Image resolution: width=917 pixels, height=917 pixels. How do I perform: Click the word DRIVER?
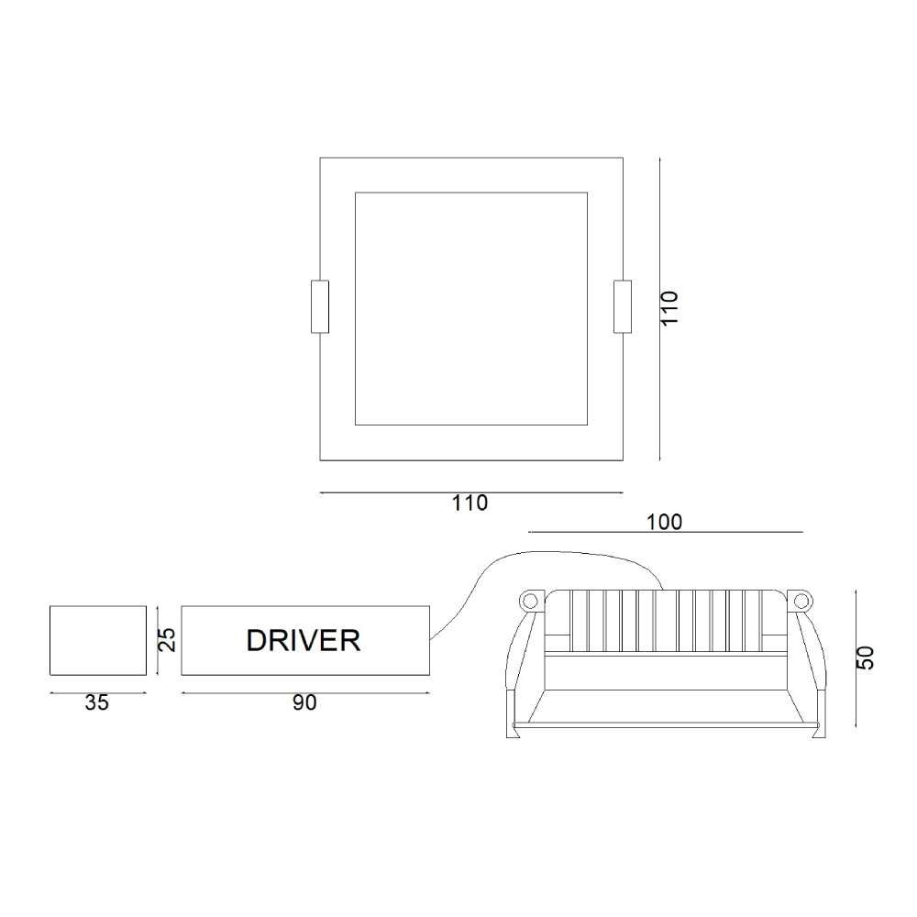(x=303, y=640)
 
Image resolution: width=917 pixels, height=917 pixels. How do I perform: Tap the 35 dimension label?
(x=96, y=702)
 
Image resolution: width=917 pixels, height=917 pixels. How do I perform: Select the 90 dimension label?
(x=304, y=702)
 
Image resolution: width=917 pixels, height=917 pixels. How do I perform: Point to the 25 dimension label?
(x=167, y=640)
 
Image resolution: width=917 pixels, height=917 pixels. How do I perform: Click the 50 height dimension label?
(x=865, y=657)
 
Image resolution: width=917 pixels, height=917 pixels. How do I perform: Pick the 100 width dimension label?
(x=664, y=523)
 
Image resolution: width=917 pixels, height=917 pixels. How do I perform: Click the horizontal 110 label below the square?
(x=470, y=503)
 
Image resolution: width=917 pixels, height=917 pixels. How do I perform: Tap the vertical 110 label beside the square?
(x=669, y=308)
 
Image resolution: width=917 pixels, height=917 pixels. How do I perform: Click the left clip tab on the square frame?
(x=320, y=307)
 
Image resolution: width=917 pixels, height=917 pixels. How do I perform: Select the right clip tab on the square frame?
(x=623, y=307)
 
